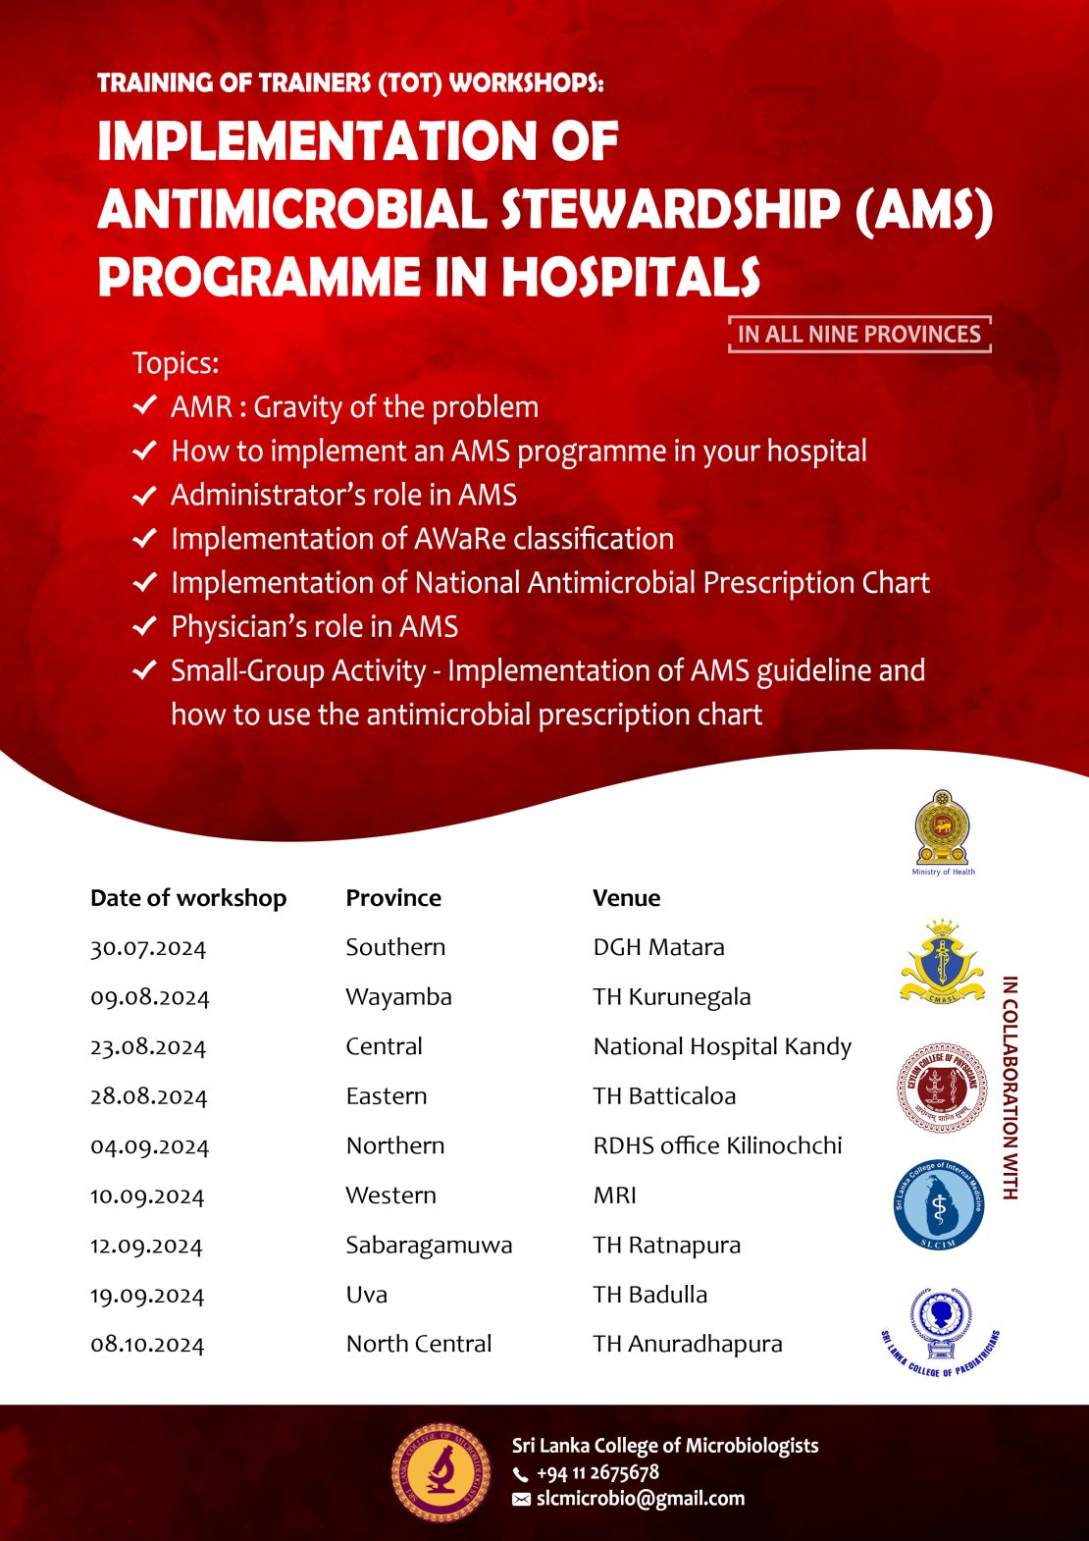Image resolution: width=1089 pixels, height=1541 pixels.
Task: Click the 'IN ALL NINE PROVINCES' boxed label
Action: [859, 335]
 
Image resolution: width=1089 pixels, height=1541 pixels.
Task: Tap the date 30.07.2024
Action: [148, 948]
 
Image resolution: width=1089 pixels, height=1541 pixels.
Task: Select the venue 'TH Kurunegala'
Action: [671, 997]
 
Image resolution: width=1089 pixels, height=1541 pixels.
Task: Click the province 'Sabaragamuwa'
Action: [429, 1246]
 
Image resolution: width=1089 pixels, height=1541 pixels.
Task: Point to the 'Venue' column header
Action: [626, 898]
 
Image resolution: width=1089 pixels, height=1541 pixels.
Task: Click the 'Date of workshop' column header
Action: [188, 898]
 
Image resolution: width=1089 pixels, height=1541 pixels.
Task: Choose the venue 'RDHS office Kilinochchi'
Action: [717, 1146]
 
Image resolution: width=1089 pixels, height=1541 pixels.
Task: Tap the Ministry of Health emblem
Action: [942, 828]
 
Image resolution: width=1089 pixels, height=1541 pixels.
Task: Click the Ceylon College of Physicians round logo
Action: [941, 1088]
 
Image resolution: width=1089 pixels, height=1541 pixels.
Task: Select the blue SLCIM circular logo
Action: [939, 1206]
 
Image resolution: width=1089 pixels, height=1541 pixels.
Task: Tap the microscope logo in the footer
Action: [441, 1472]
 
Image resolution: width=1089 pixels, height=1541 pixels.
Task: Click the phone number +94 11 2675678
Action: [597, 1473]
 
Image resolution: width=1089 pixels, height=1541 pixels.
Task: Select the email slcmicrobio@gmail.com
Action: [640, 1499]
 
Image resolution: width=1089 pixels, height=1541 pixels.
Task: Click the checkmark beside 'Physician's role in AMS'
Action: [144, 626]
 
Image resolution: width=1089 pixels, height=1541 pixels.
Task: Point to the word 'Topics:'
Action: [176, 363]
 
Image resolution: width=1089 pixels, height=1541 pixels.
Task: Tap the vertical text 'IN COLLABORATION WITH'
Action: [1010, 1088]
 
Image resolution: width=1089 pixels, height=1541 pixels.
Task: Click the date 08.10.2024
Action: [147, 1345]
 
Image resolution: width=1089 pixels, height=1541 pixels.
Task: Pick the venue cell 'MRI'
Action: [614, 1196]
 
